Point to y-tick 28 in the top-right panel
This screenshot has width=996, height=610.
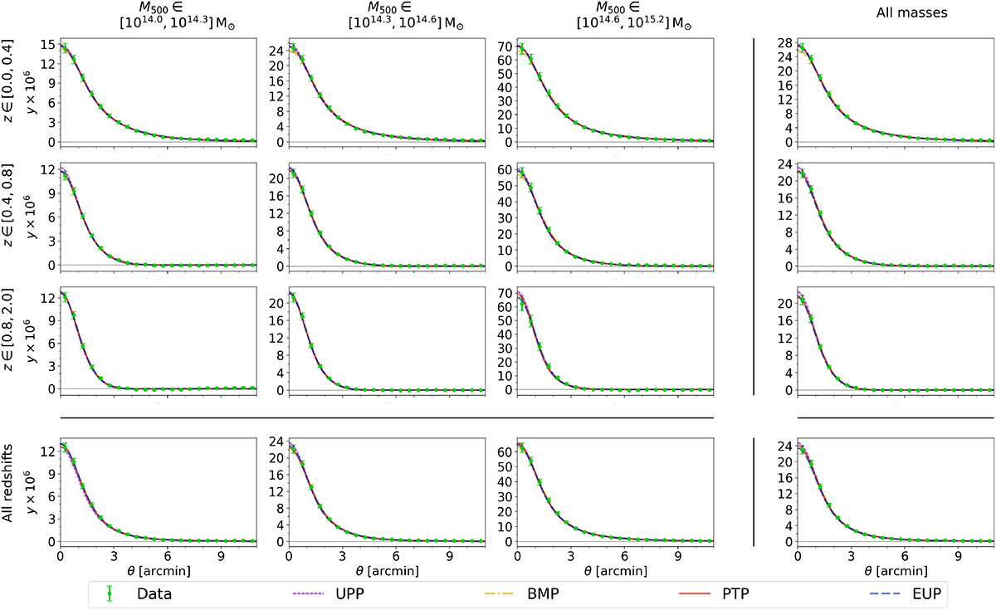pyautogui.click(x=784, y=42)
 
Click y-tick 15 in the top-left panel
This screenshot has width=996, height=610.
pyautogui.click(x=48, y=45)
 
